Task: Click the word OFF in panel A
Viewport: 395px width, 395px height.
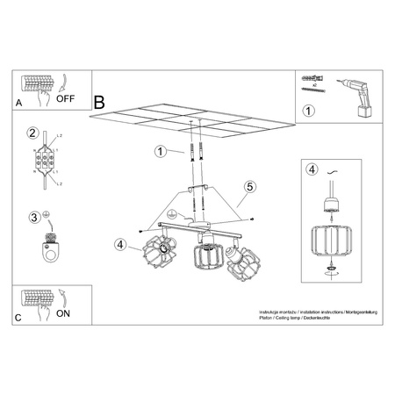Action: [x=66, y=99]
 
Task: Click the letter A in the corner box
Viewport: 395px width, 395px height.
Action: [x=20, y=104]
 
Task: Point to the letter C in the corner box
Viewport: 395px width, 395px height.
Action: [x=19, y=318]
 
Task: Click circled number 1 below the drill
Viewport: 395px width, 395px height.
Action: [x=308, y=111]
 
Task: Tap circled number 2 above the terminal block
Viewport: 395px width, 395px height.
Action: [x=32, y=133]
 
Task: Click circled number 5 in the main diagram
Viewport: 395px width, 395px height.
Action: [x=249, y=186]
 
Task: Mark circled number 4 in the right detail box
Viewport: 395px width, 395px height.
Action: [x=309, y=169]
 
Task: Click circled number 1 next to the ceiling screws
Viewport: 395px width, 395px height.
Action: [x=161, y=151]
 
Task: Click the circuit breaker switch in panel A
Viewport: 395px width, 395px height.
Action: [x=36, y=87]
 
